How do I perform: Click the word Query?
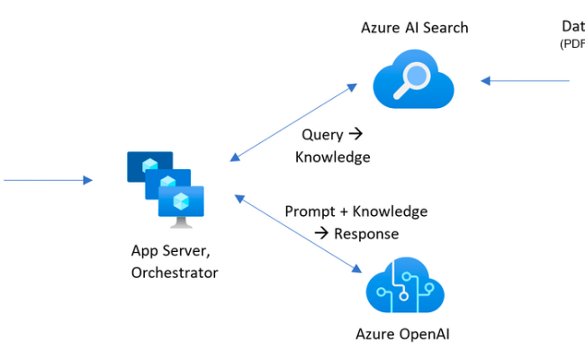(x=321, y=135)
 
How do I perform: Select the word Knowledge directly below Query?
(x=332, y=157)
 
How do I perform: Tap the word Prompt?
(x=310, y=211)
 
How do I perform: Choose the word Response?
(x=366, y=233)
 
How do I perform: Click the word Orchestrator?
(x=174, y=273)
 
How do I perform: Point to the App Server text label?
(x=170, y=251)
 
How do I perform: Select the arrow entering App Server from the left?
(x=49, y=180)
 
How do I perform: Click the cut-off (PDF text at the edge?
(x=572, y=43)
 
